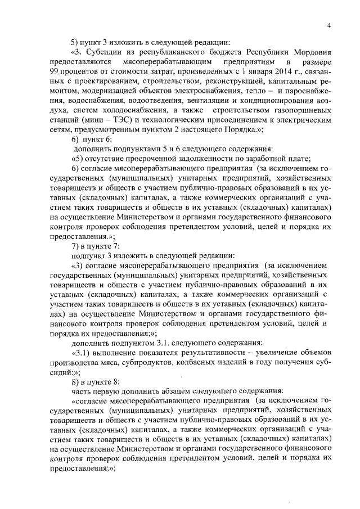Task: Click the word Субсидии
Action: (x=103, y=49)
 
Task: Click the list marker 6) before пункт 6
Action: (x=74, y=138)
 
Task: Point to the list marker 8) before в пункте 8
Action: (x=74, y=381)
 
